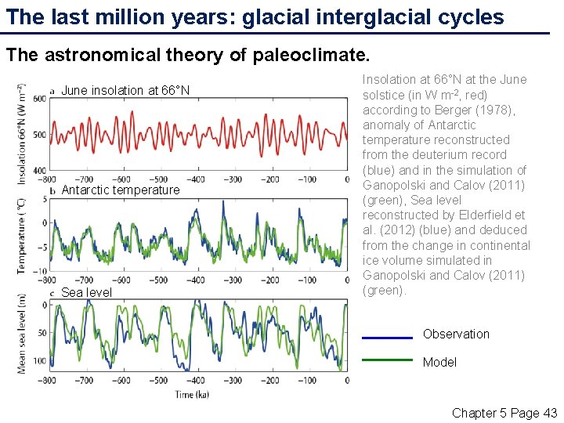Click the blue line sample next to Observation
point(387,338)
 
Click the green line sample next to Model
point(387,360)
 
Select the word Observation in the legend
point(456,334)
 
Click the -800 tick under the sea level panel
point(49,380)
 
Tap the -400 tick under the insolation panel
point(197,179)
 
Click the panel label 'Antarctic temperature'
point(121,190)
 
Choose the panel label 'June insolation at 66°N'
point(125,91)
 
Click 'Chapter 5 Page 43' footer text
point(504,413)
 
